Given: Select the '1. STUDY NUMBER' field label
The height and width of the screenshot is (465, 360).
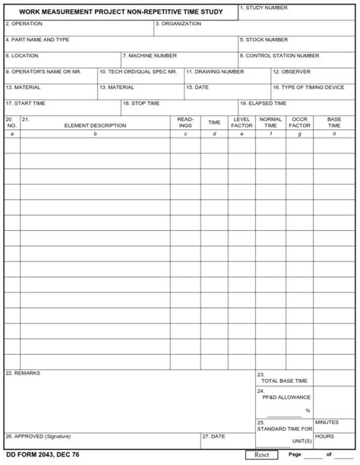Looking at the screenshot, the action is [x=264, y=8].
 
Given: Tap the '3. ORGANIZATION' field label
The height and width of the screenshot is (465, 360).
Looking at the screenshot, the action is [x=178, y=24].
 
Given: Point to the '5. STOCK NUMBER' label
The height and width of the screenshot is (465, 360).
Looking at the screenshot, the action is [x=264, y=40].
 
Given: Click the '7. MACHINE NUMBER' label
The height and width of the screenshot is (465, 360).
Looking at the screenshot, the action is [x=150, y=55].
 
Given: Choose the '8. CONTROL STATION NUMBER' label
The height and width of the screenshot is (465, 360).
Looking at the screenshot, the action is [x=279, y=55].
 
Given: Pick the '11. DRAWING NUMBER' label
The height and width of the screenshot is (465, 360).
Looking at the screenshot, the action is [x=215, y=71].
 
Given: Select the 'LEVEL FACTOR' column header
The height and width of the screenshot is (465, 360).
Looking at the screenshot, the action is [x=242, y=122].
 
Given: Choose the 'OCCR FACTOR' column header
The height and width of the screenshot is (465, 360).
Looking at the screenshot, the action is [x=299, y=122].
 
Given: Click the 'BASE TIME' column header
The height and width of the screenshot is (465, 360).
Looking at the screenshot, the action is [x=333, y=122].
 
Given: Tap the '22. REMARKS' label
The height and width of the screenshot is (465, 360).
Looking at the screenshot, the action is [x=23, y=373].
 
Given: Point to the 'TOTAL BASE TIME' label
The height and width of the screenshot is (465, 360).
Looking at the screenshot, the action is [x=284, y=381].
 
